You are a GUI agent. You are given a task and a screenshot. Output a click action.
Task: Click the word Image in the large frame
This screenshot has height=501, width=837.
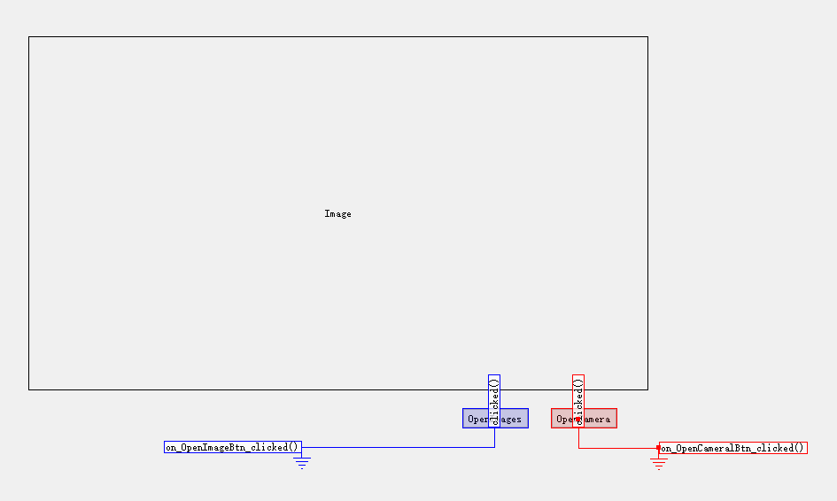337,214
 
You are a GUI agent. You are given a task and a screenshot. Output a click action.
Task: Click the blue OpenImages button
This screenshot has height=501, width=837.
495,419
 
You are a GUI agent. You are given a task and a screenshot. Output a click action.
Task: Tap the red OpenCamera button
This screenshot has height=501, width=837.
584,419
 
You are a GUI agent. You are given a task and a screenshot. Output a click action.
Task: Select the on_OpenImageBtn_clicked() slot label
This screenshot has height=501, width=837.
232,448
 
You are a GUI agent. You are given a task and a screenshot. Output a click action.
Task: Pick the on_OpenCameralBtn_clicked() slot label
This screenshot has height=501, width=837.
732,448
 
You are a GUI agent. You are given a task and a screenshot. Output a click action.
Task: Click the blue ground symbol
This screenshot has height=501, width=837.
302,462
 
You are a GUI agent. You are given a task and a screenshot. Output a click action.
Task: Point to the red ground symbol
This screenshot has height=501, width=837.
658,462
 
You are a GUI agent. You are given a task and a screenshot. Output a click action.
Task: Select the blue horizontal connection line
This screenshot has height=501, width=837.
399,448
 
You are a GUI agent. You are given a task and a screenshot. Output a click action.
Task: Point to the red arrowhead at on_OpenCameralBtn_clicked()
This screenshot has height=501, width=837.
656,448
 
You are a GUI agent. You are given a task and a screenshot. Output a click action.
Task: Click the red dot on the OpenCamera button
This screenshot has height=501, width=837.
578,419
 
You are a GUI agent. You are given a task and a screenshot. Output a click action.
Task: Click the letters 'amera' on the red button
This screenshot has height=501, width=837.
597,420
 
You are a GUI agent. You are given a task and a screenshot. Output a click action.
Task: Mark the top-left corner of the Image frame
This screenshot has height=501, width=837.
29,37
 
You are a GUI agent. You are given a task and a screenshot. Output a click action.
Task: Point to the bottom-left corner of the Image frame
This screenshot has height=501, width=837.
29,389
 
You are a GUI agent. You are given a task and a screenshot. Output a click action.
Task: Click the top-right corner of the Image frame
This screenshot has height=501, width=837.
647,37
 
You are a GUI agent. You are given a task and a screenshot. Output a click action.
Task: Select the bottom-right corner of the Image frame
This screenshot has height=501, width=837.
647,389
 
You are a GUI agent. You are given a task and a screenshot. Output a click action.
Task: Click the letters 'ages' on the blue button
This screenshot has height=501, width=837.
511,420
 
